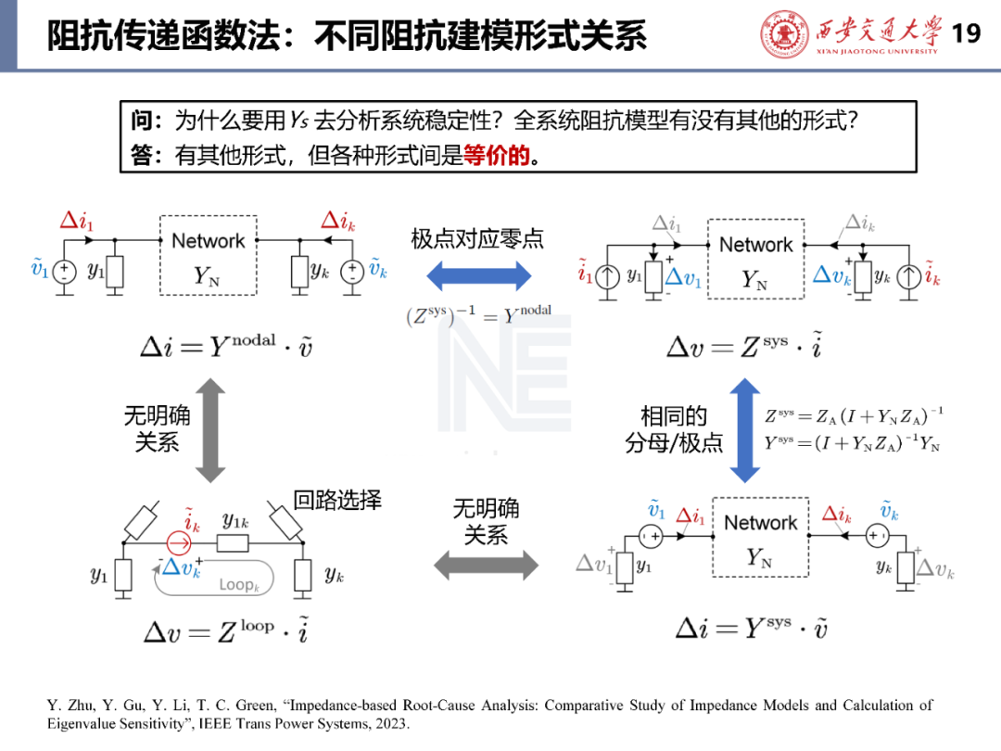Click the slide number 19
click(966, 34)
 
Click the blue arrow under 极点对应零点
click(478, 275)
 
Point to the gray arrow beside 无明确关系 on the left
click(210, 429)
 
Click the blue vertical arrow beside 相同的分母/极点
click(744, 429)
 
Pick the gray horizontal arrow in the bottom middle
click(486, 565)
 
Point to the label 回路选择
click(337, 501)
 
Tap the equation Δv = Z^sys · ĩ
click(744, 347)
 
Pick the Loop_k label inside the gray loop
click(239, 585)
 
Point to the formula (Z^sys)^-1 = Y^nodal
click(478, 315)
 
